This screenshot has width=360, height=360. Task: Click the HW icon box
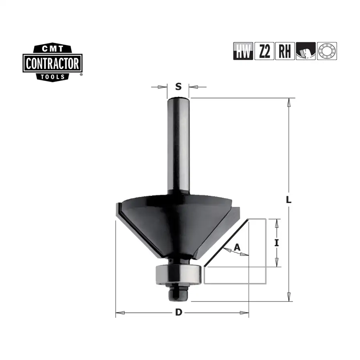tap(243, 51)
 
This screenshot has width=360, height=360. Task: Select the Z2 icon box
tap(264, 51)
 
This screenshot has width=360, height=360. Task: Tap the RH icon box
tap(285, 51)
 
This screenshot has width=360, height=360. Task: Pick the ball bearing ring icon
tap(327, 51)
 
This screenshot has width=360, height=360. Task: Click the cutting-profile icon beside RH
tap(306, 51)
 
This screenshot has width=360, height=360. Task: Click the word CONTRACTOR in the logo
tap(53, 64)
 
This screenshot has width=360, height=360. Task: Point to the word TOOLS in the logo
tap(53, 77)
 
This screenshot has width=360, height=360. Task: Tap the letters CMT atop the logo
tap(53, 49)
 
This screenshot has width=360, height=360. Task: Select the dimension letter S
tap(179, 86)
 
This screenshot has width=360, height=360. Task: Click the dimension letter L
tap(289, 200)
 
